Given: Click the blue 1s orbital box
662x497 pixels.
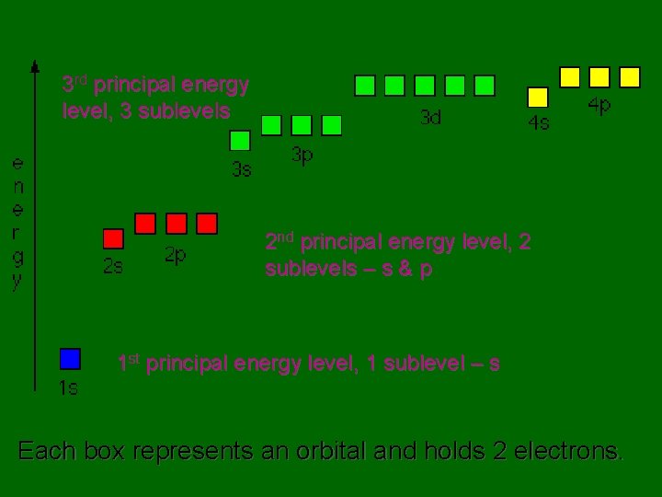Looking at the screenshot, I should point(70,359).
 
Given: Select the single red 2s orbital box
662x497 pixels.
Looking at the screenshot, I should point(113,239).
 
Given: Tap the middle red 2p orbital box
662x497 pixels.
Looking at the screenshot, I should point(177,224).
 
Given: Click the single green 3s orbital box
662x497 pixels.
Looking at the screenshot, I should point(240,141).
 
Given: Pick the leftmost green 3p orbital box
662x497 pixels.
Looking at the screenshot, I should point(271,125).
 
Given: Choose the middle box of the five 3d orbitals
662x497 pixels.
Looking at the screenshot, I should point(425,86).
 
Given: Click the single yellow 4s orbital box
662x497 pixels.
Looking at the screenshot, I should point(538,97).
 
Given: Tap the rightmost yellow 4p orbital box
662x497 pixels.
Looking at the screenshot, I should point(630,77).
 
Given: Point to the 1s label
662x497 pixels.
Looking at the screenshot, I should point(68,387).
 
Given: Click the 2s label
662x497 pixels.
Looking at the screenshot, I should point(112,268).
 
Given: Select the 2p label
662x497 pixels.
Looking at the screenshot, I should point(175,255).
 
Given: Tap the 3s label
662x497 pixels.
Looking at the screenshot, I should point(241,169).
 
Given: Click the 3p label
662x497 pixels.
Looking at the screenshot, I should point(302,155).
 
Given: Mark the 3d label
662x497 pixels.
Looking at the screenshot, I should point(430,117).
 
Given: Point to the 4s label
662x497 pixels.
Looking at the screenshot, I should point(538,122).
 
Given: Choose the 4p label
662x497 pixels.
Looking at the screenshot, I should point(599,106).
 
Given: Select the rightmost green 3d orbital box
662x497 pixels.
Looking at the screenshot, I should point(485,86).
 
